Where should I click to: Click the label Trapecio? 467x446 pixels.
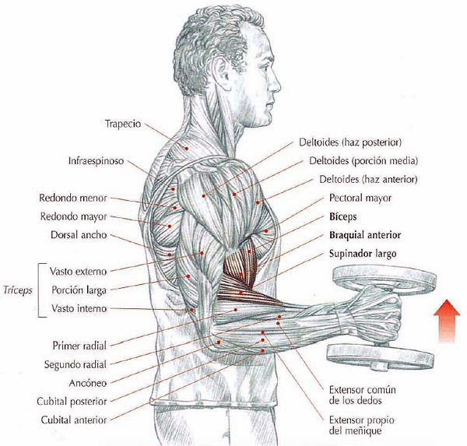(123, 124)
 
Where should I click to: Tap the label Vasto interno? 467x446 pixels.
(79, 308)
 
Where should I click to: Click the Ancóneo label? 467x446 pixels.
(87, 382)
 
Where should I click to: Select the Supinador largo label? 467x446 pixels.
(363, 254)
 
